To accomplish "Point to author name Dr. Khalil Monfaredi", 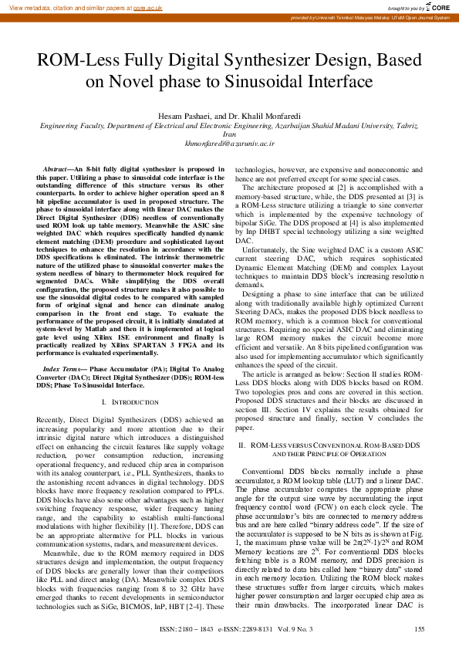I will click(265, 115).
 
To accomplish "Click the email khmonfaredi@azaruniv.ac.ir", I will click(229, 143).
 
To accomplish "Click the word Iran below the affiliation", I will click(229, 134).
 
